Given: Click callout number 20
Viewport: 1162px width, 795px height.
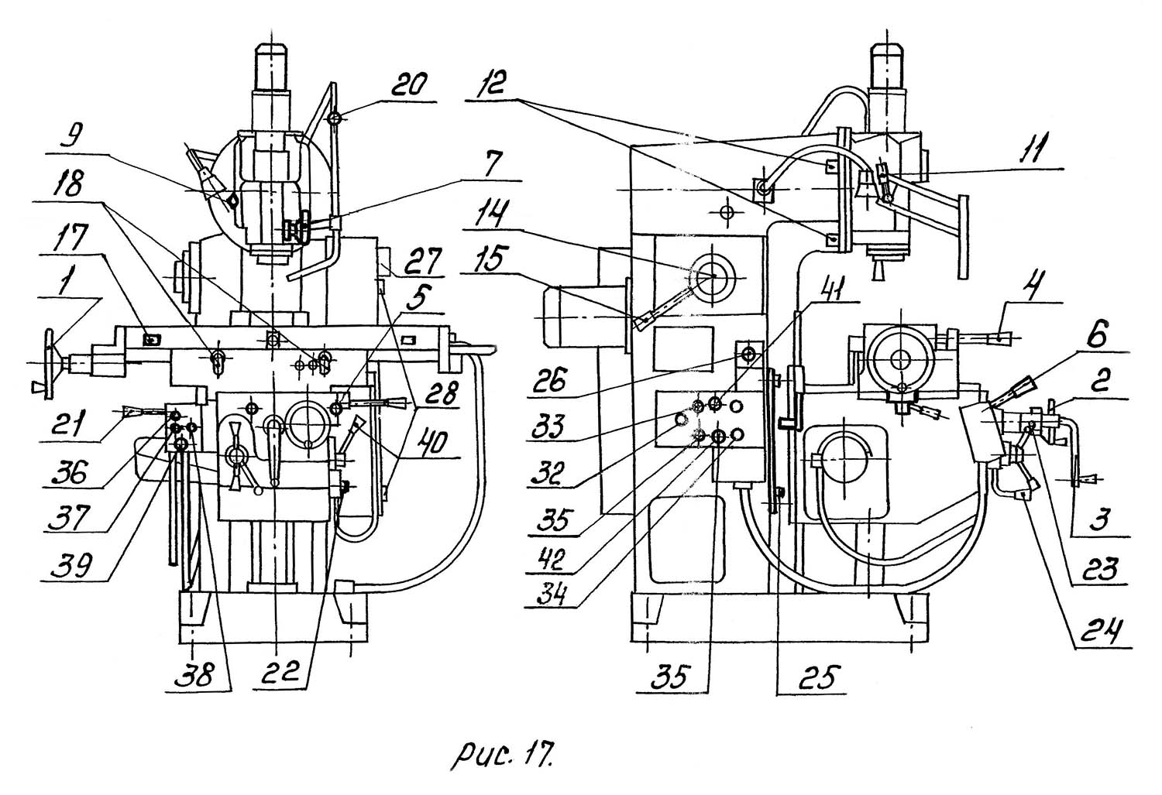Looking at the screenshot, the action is pyautogui.click(x=409, y=84).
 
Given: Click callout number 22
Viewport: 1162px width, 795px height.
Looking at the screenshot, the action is pyautogui.click(x=280, y=672).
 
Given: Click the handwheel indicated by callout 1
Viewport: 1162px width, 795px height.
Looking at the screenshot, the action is pyautogui.click(x=50, y=364).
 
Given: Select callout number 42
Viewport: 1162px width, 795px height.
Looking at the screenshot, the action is pyautogui.click(x=552, y=559).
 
